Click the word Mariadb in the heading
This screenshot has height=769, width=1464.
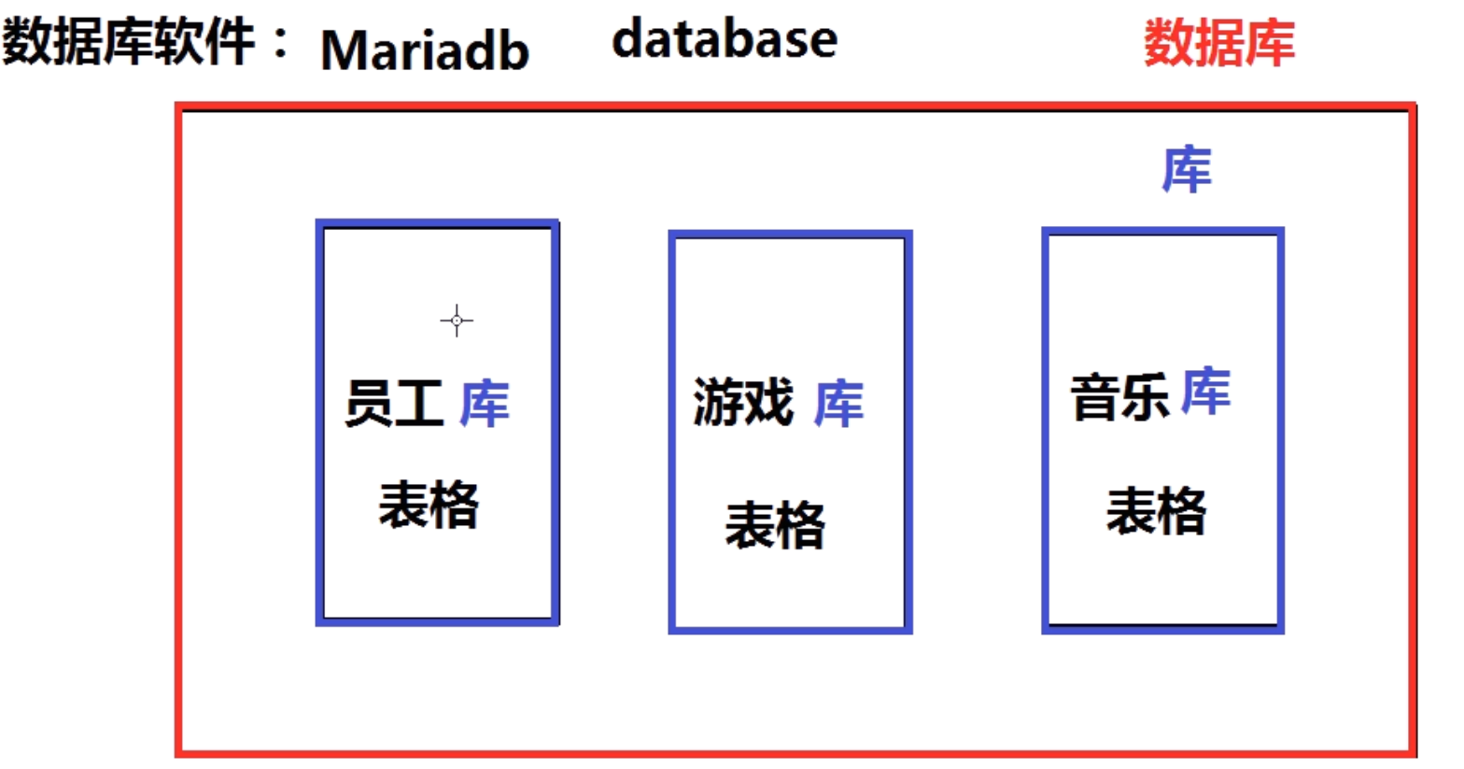(x=425, y=50)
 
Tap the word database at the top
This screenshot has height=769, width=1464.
(x=725, y=40)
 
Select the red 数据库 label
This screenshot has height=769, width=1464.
(x=1219, y=42)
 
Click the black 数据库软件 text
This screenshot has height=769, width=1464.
(x=128, y=42)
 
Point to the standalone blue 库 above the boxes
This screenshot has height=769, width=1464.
(x=1186, y=170)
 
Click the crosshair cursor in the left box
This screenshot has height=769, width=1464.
(x=457, y=320)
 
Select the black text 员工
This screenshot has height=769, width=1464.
(x=393, y=404)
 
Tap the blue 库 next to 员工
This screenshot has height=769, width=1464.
(x=484, y=404)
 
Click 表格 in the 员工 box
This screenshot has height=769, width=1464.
(x=429, y=505)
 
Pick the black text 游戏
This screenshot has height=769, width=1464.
(x=743, y=403)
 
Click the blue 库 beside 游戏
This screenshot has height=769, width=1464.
(x=838, y=404)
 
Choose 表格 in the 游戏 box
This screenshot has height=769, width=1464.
(x=775, y=524)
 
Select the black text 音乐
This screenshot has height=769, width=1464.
(x=1119, y=396)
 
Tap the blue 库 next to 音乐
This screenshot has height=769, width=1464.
(x=1205, y=392)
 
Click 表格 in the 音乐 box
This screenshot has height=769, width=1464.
(x=1156, y=511)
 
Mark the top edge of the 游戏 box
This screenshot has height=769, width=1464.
(x=790, y=235)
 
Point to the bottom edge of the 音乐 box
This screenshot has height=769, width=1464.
(x=1162, y=629)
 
